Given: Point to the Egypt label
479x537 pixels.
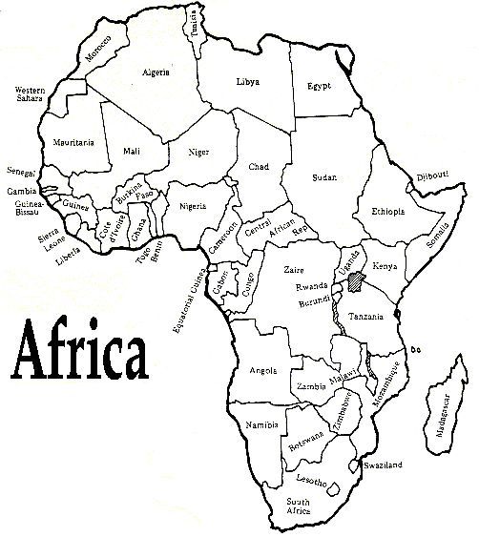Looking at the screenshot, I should coord(319,86).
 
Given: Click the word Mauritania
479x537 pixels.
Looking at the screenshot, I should coord(74,143).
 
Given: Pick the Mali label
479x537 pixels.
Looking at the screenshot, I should coord(133,151).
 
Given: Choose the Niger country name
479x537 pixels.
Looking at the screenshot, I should coord(198,151).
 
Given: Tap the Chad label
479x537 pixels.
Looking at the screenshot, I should coord(259,166).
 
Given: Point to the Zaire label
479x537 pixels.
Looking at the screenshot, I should coord(294,270).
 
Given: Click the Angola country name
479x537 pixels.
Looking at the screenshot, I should coord(261,369).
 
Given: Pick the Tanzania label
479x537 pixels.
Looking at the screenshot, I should coord(366,316).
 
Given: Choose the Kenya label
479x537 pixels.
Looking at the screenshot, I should coord(385,265).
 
